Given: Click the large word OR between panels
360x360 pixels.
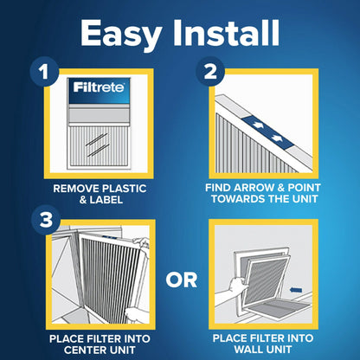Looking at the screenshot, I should [x=181, y=279].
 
